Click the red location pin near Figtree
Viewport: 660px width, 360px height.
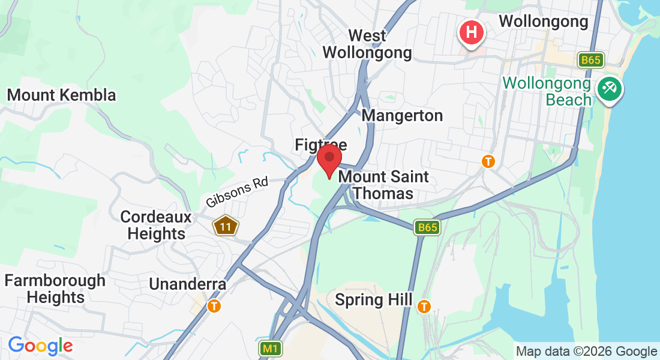click(x=329, y=160)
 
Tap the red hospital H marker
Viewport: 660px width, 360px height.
click(x=472, y=31)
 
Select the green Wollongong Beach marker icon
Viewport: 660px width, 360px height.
click(x=610, y=89)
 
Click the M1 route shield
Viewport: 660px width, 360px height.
click(x=271, y=348)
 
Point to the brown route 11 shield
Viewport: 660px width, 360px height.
click(x=226, y=226)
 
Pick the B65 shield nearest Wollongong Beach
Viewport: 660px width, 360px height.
click(x=591, y=60)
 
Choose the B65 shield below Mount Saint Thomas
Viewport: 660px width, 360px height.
click(x=427, y=227)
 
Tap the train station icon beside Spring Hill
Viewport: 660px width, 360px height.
click(x=424, y=306)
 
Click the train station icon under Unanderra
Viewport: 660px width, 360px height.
click(x=214, y=306)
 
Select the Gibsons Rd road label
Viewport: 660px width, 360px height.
click(x=236, y=193)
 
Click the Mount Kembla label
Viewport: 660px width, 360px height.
click(x=61, y=95)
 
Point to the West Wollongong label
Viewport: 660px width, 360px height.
click(x=367, y=44)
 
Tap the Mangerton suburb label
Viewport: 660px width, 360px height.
click(x=402, y=115)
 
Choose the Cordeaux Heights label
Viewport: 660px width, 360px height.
click(x=156, y=225)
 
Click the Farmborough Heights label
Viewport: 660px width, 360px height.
click(x=55, y=289)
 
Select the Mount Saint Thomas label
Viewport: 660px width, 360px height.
click(x=383, y=185)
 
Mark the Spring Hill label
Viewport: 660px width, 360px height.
click(x=373, y=299)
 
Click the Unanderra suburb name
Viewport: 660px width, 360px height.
click(x=188, y=284)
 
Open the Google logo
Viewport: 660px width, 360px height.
click(x=40, y=346)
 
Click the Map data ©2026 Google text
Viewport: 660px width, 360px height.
click(x=586, y=352)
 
